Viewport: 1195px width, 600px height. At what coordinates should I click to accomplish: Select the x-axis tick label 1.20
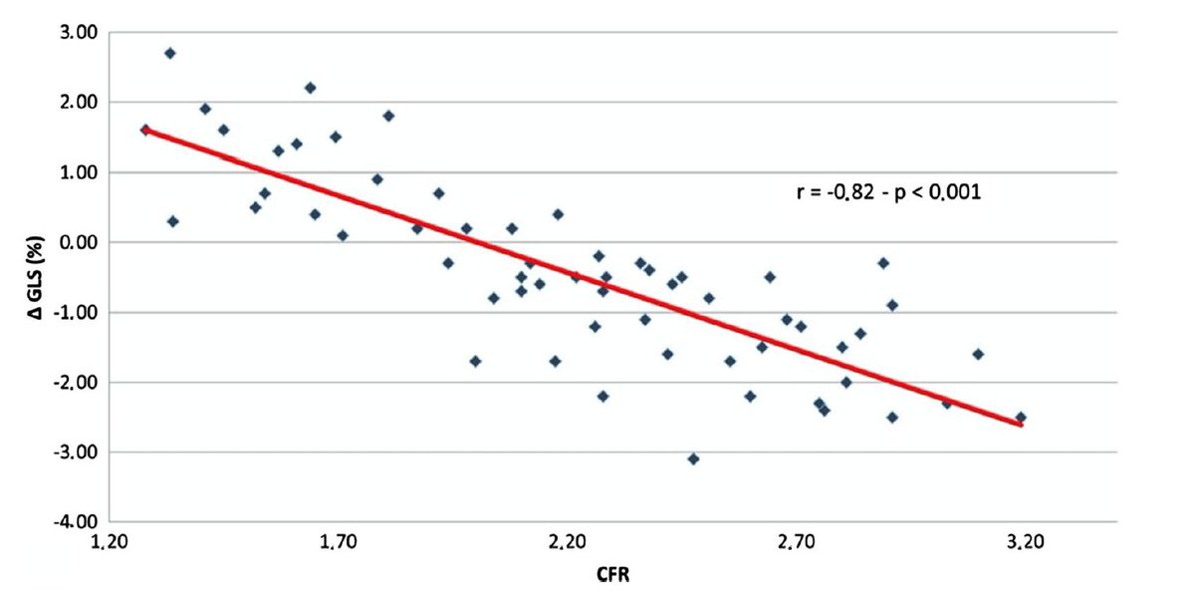coord(110,543)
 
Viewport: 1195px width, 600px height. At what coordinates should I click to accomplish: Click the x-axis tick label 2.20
coord(567,543)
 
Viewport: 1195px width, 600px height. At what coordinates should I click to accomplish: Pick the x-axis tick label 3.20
coord(1023,543)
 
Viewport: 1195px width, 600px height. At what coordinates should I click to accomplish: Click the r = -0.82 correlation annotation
coord(889,193)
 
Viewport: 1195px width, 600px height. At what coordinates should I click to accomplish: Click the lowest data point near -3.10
coord(693,458)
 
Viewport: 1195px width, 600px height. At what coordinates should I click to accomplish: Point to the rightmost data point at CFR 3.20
coord(1021,418)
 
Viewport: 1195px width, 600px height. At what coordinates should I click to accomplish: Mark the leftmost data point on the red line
coord(145,130)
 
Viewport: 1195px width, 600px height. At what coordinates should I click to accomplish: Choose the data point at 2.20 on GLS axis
coord(310,88)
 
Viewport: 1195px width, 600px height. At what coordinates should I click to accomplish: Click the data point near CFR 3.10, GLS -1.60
coord(978,354)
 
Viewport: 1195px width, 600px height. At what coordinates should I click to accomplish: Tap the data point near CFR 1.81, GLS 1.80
coord(388,116)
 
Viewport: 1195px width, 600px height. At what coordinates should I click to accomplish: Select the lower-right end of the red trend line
coord(1022,426)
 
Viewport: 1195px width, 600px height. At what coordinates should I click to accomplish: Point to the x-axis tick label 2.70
coord(795,543)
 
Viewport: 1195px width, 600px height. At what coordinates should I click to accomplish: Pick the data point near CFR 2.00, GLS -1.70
coord(475,361)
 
